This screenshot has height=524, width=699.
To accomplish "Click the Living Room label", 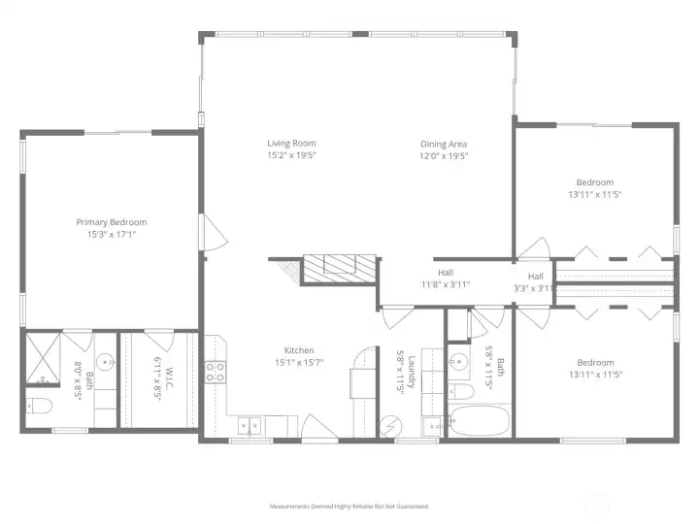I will pos(291,143).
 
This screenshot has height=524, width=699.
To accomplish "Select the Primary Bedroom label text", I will pos(112,222).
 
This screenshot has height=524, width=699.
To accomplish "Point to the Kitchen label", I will pos(298,350).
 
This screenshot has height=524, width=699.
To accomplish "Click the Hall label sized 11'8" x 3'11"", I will pos(445,273).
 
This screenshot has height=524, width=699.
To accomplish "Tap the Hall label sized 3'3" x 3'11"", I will pos(535,276).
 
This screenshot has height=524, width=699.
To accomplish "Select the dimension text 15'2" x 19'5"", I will pos(291,155).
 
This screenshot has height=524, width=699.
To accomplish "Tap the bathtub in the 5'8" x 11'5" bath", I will pos(479,421).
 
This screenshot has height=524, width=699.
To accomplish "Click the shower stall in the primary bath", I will pos(43,358).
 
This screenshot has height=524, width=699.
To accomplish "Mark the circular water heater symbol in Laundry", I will pos(390,426).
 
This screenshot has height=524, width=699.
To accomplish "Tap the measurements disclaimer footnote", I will pos(349,507).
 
